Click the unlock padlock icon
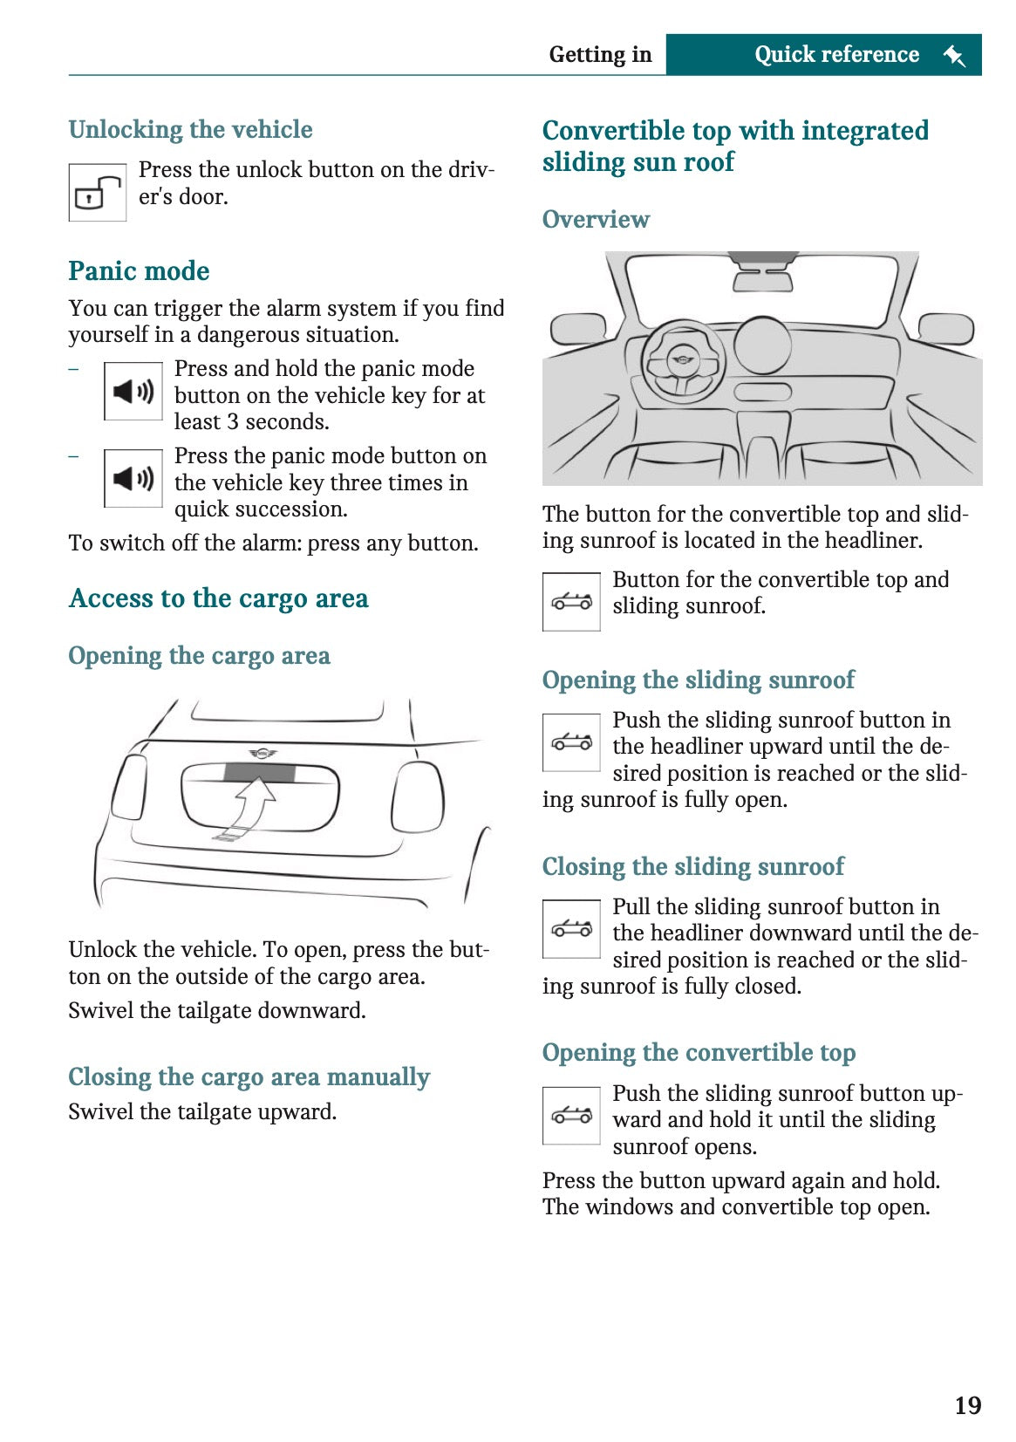click(98, 193)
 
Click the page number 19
click(967, 1405)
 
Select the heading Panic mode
click(139, 271)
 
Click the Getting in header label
click(600, 55)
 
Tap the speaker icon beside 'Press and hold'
click(133, 392)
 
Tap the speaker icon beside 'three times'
click(133, 478)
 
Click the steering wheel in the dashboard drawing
click(683, 361)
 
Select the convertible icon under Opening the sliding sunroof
click(571, 742)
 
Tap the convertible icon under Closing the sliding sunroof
click(571, 929)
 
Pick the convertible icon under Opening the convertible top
click(571, 1115)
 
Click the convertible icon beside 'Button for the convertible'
click(571, 601)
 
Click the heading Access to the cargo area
click(218, 598)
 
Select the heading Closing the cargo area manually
click(249, 1077)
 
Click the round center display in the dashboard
click(762, 345)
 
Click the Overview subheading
click(596, 219)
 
